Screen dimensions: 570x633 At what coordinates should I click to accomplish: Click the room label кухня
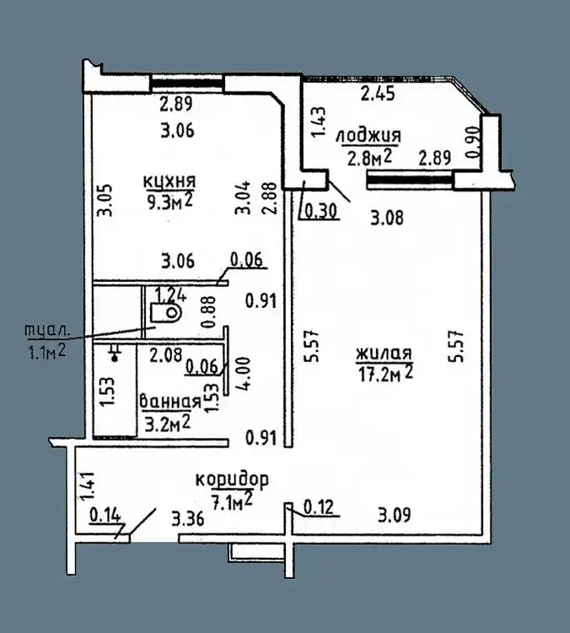pyautogui.click(x=169, y=181)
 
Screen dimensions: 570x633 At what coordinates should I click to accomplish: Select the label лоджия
pyautogui.click(x=368, y=136)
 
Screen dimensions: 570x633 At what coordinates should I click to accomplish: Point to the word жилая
pyautogui.click(x=384, y=354)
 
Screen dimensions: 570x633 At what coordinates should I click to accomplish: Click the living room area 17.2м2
pyautogui.click(x=385, y=373)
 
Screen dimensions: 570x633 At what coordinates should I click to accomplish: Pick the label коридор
pyautogui.click(x=232, y=479)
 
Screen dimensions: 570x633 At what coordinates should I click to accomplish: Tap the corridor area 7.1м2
pyautogui.click(x=232, y=500)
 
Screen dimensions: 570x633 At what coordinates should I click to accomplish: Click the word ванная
pyautogui.click(x=169, y=402)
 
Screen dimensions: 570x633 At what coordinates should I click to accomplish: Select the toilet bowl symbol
pyautogui.click(x=166, y=312)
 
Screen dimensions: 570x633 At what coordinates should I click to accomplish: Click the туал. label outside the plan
pyautogui.click(x=47, y=330)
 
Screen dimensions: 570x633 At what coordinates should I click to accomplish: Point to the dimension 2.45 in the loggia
pyautogui.click(x=378, y=94)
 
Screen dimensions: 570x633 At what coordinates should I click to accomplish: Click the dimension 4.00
pyautogui.click(x=245, y=372)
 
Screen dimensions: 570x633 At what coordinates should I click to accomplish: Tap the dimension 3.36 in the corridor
pyautogui.click(x=187, y=519)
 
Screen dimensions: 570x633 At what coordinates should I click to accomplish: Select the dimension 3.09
pyautogui.click(x=394, y=515)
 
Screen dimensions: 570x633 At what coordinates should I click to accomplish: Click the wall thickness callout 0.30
pyautogui.click(x=321, y=211)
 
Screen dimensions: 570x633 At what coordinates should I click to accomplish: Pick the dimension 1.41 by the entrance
pyautogui.click(x=88, y=486)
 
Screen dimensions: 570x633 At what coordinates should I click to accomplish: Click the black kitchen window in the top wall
pyautogui.click(x=187, y=84)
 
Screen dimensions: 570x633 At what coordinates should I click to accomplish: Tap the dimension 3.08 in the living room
pyautogui.click(x=386, y=218)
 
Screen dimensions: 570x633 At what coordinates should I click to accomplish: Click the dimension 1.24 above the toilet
pyautogui.click(x=171, y=295)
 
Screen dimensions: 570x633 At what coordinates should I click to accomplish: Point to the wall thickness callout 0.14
pyautogui.click(x=105, y=515)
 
